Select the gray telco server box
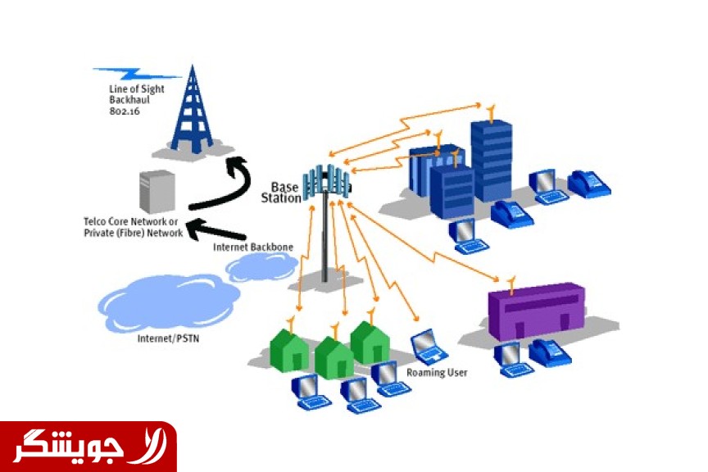click(x=157, y=191)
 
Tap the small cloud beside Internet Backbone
click(x=261, y=267)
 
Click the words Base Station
click(x=283, y=193)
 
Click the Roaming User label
click(x=437, y=373)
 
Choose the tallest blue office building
click(x=491, y=160)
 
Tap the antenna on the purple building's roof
click(x=511, y=284)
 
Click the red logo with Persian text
click(x=88, y=447)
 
